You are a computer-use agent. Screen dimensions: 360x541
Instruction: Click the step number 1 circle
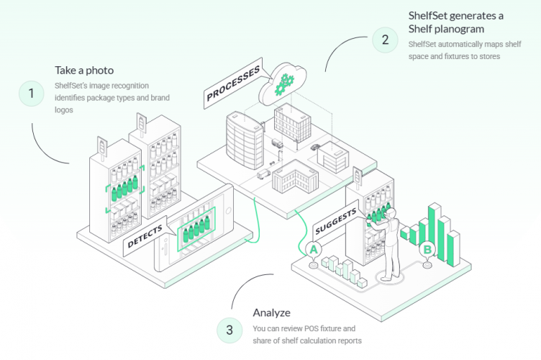pyautogui.click(x=31, y=93)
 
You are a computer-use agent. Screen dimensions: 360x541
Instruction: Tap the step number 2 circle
pyautogui.click(x=385, y=40)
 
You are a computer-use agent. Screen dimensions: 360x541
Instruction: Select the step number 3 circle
pyautogui.click(x=229, y=330)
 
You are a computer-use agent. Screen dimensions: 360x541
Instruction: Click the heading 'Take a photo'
pyautogui.click(x=83, y=70)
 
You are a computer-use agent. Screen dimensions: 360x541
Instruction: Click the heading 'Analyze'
pyautogui.click(x=272, y=312)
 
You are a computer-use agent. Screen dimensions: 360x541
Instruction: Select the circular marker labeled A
pyautogui.click(x=313, y=249)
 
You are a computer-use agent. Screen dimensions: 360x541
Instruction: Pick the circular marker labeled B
pyautogui.click(x=427, y=250)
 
